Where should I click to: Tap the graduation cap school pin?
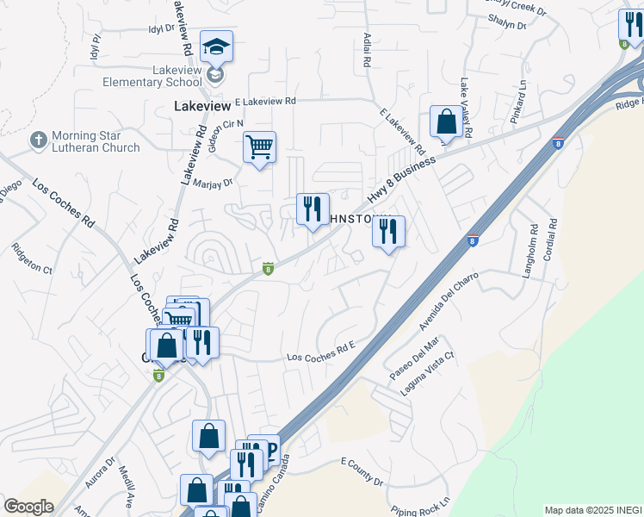(x=216, y=47)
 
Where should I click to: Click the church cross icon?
(x=38, y=139)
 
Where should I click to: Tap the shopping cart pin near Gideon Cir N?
(x=259, y=147)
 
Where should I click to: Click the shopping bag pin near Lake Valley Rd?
(x=447, y=122)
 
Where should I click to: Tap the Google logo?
(x=28, y=507)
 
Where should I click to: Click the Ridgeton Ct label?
(x=32, y=257)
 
